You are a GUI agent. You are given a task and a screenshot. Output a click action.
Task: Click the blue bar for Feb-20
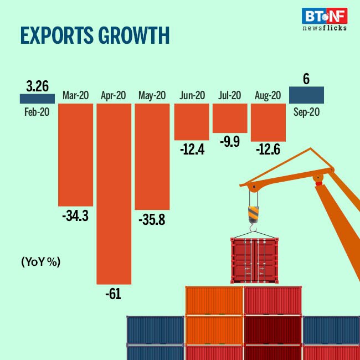[37, 99]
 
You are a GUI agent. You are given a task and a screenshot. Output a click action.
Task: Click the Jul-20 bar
[230, 117]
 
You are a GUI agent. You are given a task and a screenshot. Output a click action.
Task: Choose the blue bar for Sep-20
[307, 95]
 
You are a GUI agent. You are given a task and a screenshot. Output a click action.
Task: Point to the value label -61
[113, 294]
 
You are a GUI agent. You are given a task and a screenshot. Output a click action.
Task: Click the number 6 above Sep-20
[306, 79]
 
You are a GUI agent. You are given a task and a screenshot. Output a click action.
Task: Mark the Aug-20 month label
[268, 96]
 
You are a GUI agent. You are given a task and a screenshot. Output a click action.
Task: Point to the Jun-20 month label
[192, 96]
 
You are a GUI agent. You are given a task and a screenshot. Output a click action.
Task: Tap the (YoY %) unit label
[40, 261]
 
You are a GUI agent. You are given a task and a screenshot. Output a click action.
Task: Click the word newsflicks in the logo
[324, 27]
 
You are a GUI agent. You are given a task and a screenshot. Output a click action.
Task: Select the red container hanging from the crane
[254, 260]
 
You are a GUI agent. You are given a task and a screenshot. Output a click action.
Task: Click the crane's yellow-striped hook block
[253, 213]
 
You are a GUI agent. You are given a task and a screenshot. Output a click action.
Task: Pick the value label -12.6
[268, 150]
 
